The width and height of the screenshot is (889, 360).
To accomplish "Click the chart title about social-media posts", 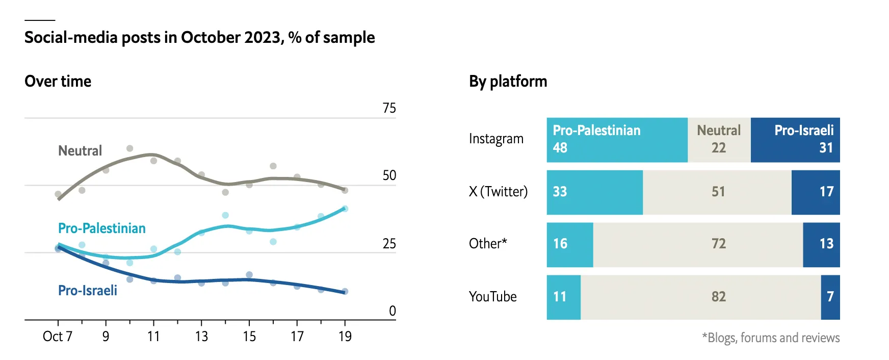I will tap(199, 38).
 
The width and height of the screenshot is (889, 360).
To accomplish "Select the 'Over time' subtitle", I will tap(58, 82).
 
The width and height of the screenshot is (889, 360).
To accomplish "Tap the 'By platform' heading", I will tap(508, 82).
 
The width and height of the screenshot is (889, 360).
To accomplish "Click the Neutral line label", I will tap(80, 151).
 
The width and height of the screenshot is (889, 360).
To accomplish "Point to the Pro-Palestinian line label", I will tap(101, 228).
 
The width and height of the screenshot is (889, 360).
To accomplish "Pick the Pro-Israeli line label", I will tap(87, 291).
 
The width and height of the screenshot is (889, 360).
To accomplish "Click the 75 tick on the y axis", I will tap(389, 108).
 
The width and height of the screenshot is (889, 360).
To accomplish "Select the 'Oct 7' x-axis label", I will tap(57, 337).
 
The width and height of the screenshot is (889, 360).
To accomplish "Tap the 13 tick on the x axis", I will tap(201, 337).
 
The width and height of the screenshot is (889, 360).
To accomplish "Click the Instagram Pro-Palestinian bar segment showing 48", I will tap(617, 140).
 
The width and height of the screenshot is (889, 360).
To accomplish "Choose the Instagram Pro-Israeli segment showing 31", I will tap(795, 140).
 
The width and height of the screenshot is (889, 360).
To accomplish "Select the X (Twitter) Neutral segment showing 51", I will tap(717, 192).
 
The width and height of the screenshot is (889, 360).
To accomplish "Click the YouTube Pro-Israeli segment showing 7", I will tap(830, 297).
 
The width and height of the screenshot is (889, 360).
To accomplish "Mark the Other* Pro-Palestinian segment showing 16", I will tap(570, 245).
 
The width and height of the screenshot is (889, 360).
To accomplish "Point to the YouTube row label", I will tap(492, 297).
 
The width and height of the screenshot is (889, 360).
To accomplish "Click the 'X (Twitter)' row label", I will tap(498, 192).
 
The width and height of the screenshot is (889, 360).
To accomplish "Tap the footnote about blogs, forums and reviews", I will tap(771, 338).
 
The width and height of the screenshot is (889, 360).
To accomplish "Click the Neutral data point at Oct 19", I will tap(345, 190).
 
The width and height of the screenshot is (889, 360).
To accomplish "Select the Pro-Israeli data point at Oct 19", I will tap(345, 292).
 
